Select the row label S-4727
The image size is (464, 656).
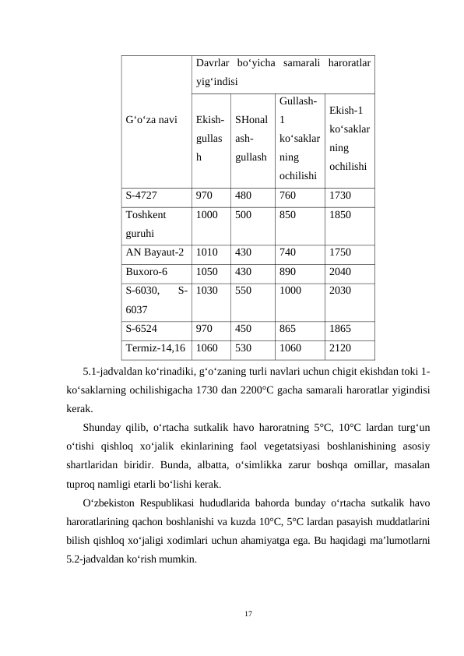[x=141, y=196]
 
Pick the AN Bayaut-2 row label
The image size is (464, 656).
[x=154, y=252]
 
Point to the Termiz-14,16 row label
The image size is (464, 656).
[x=155, y=348]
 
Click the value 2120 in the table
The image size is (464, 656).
[x=340, y=348]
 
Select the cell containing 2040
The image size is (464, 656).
[x=340, y=272]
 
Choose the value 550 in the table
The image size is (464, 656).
[x=243, y=291]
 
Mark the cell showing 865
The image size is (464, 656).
[x=288, y=329]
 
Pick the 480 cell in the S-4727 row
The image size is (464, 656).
[x=243, y=196]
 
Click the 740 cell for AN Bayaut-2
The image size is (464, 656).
[x=287, y=252]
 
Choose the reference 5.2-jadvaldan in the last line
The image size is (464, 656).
[x=106, y=559]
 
